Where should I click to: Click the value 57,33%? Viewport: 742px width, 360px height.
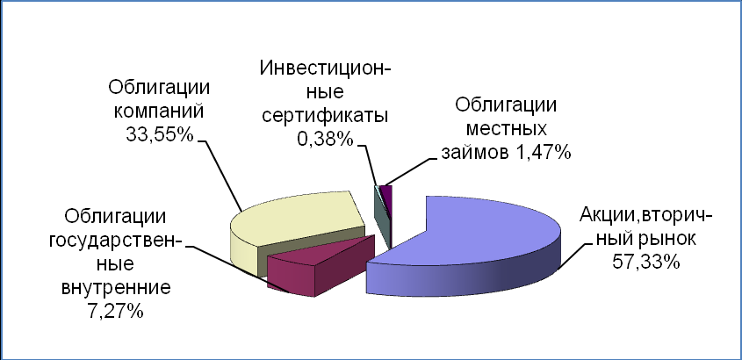(x=646, y=262)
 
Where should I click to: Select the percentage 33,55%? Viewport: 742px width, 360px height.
(x=160, y=134)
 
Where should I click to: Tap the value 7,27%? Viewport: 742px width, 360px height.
(x=115, y=312)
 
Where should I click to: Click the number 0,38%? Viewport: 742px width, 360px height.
(x=325, y=139)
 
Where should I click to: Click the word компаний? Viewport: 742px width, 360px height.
(x=159, y=112)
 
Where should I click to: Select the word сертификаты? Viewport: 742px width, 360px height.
(x=325, y=115)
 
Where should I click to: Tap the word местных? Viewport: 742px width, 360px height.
(x=507, y=129)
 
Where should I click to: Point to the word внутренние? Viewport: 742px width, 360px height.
(x=116, y=288)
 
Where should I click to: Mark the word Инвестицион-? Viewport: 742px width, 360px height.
(x=326, y=68)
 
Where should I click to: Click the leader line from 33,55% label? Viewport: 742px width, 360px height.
(x=220, y=176)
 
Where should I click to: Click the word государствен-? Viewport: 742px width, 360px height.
(x=115, y=241)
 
